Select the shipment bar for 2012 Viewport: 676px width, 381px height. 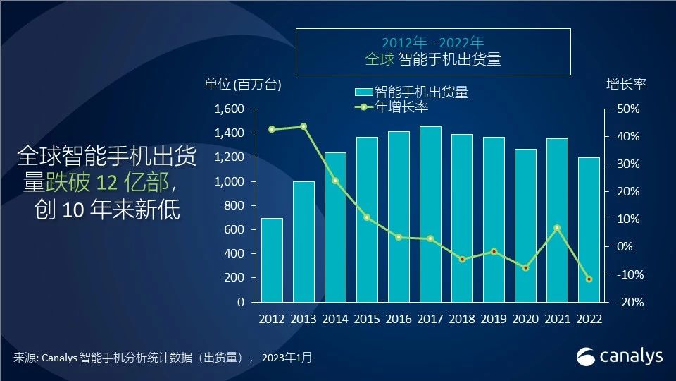[272, 260]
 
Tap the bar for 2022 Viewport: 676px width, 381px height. [589, 229]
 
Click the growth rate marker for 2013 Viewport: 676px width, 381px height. [303, 126]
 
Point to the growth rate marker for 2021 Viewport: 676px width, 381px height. [557, 228]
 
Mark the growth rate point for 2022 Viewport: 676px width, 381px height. [589, 279]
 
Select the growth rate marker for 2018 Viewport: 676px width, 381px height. [462, 260]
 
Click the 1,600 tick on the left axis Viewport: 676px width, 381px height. [230, 109]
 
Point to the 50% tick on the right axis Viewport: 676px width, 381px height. [628, 109]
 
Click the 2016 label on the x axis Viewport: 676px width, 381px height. [399, 319]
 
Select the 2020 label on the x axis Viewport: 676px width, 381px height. [525, 319]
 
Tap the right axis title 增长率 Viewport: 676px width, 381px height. [626, 84]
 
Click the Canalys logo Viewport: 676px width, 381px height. [619, 356]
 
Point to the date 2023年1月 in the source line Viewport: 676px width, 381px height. [287, 358]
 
